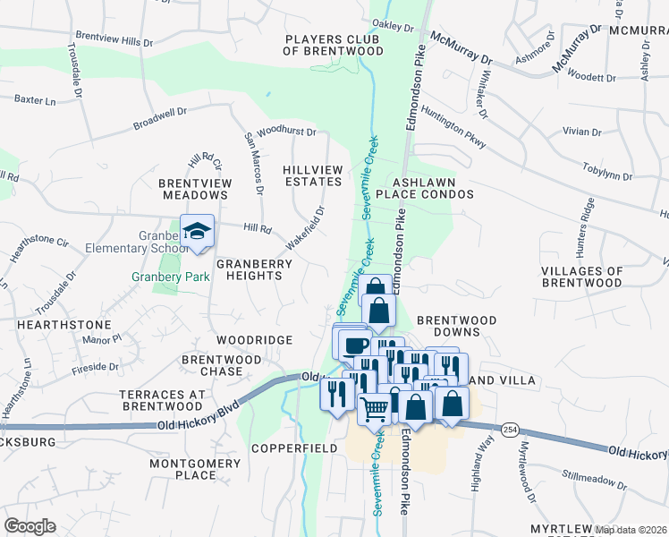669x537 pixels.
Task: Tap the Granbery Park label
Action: click(x=172, y=277)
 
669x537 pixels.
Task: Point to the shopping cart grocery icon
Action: click(x=375, y=408)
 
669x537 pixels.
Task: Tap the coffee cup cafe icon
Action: click(x=354, y=344)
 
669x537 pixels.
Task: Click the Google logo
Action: click(x=30, y=526)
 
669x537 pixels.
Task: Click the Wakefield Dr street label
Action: click(x=305, y=228)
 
